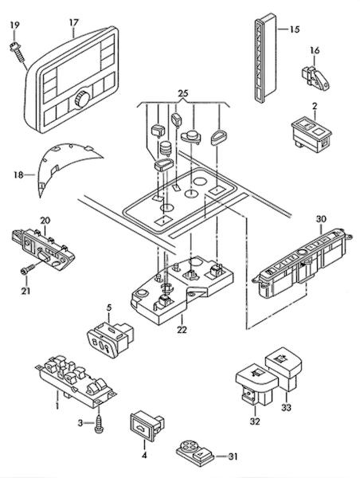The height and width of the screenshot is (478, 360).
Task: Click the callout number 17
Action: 74,22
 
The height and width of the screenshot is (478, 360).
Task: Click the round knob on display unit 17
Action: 82,98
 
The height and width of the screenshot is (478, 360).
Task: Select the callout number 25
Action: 182,93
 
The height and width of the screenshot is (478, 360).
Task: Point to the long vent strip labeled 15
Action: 265,57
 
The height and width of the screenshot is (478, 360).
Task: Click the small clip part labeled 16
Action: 315,78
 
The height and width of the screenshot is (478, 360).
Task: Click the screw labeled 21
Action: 27,268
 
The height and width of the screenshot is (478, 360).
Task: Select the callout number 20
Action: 45,221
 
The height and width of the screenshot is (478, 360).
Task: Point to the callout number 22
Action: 182,330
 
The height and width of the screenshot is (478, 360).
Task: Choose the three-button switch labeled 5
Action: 111,339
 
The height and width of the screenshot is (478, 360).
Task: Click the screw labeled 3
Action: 99,422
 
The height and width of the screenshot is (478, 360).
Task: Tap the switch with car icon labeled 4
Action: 147,426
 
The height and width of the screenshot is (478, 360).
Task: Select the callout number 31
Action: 233,456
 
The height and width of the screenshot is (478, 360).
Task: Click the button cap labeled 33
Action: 284,369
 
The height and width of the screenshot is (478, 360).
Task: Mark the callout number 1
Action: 57,406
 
